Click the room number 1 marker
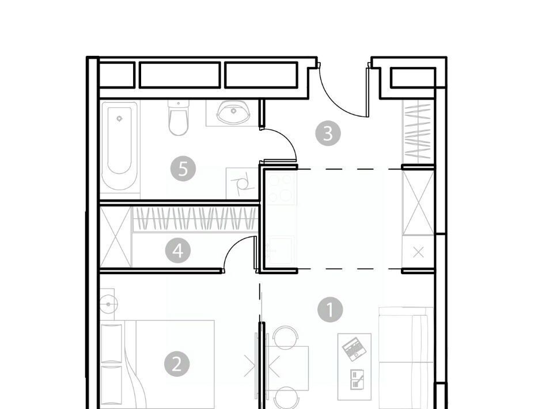coord(330,309)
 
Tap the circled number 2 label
coord(177,363)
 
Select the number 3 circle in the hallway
coord(328,133)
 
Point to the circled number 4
coord(178,251)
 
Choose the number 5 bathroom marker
coord(183,169)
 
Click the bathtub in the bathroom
coord(119,146)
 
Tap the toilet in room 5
coord(179,118)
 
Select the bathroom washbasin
coord(233,112)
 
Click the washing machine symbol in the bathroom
coord(243,183)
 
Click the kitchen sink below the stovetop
coord(281,251)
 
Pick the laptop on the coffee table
coord(354,349)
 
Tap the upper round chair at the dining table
coord(285,337)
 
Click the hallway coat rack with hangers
coord(418,132)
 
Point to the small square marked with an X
coord(418,252)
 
